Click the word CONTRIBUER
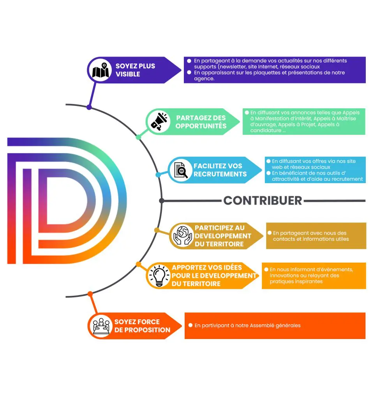[263, 201]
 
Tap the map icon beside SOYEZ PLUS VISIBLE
[100, 70]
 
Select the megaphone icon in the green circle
[159, 122]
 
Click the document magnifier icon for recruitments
[181, 170]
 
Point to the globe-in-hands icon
[182, 235]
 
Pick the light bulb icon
[159, 275]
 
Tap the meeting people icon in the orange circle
[101, 326]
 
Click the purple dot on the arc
[89, 107]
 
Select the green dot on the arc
[139, 137]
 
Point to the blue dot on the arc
[158, 175]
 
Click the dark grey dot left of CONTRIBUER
[162, 201]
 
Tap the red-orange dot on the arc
[90, 294]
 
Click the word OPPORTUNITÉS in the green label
[201, 126]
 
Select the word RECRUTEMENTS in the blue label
[220, 174]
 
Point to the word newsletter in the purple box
[232, 67]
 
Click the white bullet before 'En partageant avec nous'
[270, 233]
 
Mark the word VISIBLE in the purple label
[128, 74]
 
